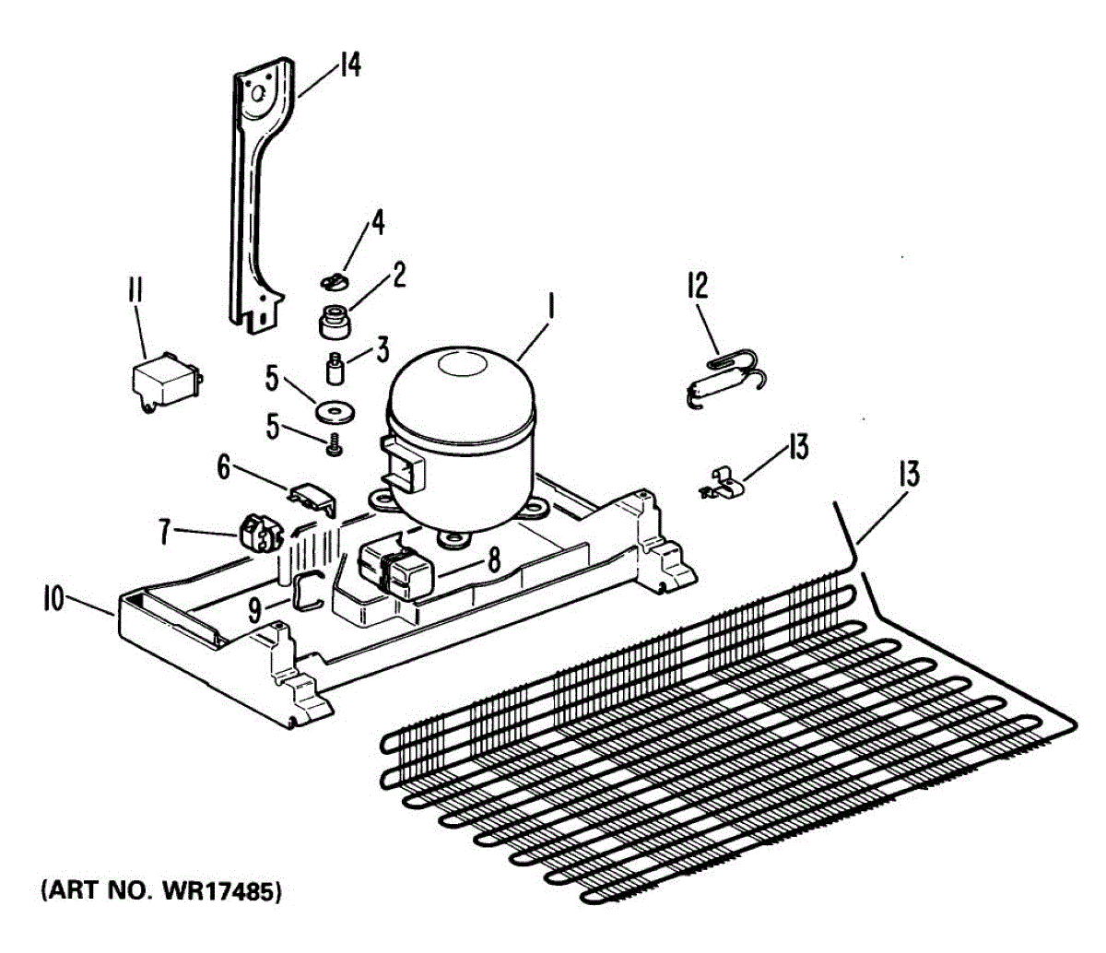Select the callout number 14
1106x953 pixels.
pos(347,65)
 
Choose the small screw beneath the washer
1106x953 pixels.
pos(333,446)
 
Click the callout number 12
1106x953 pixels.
pos(698,286)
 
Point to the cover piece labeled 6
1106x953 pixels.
pos(313,498)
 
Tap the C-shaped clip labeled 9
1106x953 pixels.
pos(307,590)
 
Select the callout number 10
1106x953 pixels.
pos(53,601)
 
